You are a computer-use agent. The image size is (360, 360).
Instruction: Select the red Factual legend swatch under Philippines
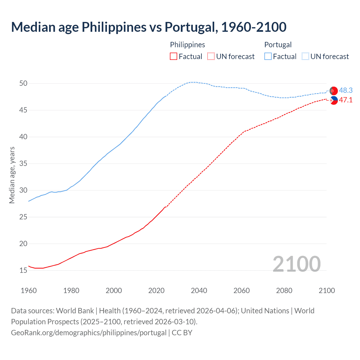tap(174, 57)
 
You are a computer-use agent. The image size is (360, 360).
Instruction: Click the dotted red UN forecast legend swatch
tap(211, 57)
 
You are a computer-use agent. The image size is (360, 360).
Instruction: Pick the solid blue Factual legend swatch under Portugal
tap(268, 57)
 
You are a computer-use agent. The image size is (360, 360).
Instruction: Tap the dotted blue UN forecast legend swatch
tap(305, 57)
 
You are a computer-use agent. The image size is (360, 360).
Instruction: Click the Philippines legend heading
tap(187, 45)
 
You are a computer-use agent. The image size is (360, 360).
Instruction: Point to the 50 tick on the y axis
tap(23, 84)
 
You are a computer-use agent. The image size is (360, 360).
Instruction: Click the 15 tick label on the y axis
tap(23, 271)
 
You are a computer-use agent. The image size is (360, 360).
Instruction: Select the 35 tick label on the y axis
tap(23, 164)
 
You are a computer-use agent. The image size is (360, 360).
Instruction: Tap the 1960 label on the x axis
tap(29, 291)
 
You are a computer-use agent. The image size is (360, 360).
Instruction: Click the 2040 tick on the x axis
tap(199, 291)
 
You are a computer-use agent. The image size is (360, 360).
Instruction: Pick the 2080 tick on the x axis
tap(284, 291)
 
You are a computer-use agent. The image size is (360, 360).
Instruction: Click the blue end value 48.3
tap(346, 90)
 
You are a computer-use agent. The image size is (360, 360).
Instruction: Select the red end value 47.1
tap(346, 100)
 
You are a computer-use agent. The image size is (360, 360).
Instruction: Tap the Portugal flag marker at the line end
tap(334, 91)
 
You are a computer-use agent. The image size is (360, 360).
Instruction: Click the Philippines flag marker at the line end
tap(334, 100)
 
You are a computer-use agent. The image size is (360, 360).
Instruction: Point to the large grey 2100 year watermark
tap(296, 264)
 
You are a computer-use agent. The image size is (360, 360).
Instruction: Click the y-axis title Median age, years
tap(12, 175)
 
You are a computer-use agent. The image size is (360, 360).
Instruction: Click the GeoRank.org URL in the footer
tap(89, 333)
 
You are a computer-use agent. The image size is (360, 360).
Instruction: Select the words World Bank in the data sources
tap(75, 311)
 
